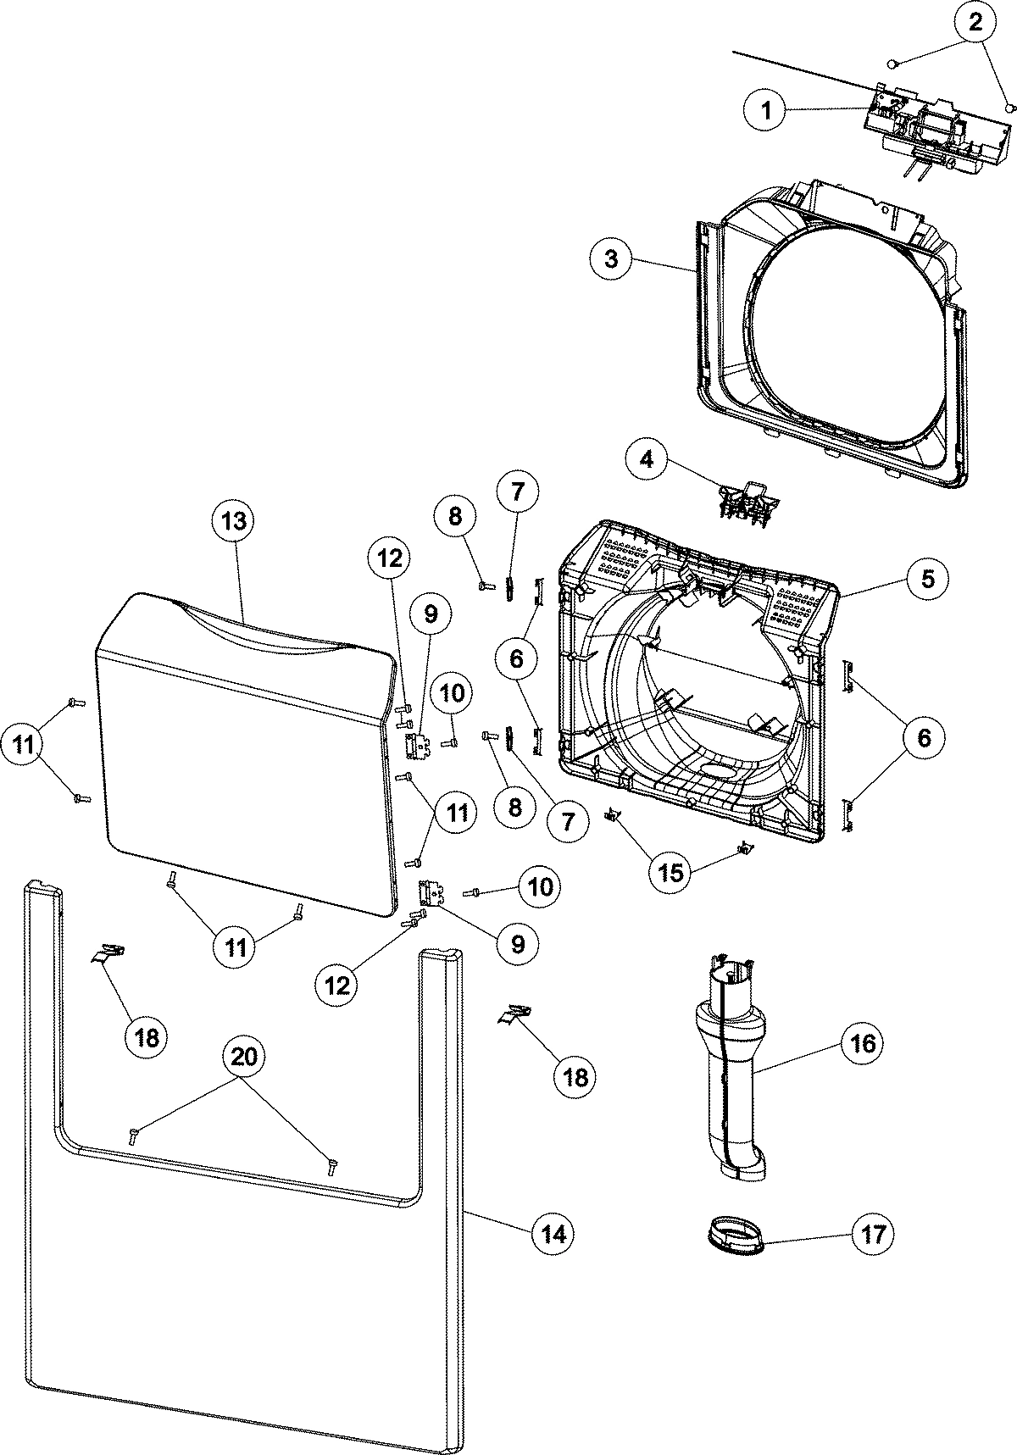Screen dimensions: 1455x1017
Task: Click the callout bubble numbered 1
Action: (x=767, y=112)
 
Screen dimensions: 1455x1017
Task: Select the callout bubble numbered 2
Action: (x=975, y=23)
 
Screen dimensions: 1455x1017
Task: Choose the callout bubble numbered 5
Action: (x=926, y=579)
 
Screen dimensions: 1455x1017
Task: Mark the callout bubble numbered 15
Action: (x=670, y=872)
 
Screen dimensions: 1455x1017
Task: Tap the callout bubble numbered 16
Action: (x=862, y=1042)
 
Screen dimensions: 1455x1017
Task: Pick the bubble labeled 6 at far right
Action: (x=923, y=737)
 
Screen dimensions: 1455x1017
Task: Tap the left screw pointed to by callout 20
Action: (x=134, y=1136)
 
